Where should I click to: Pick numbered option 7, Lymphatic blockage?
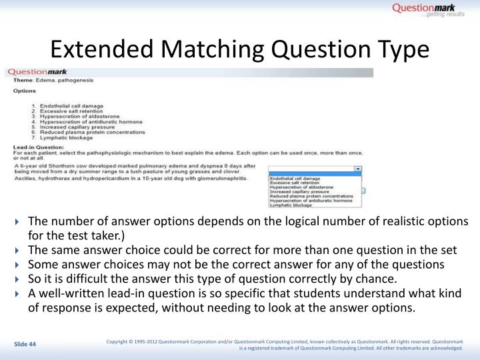pos(63,137)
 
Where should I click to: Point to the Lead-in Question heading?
pos(39,147)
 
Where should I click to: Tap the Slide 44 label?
pos(26,344)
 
